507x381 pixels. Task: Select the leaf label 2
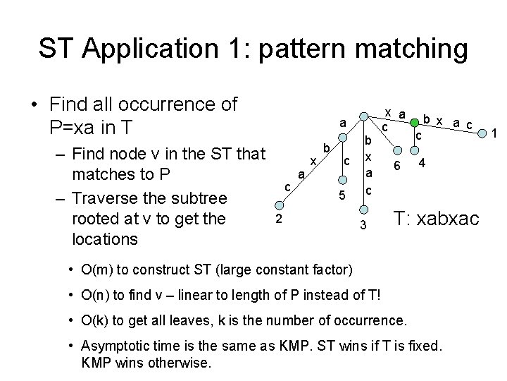[x=279, y=219]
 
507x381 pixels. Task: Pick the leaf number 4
[x=421, y=164]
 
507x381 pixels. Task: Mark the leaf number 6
[x=397, y=165]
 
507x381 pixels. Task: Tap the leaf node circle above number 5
[x=340, y=179]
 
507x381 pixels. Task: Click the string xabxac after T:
[x=446, y=220]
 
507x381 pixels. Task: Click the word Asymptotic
[x=117, y=347]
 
